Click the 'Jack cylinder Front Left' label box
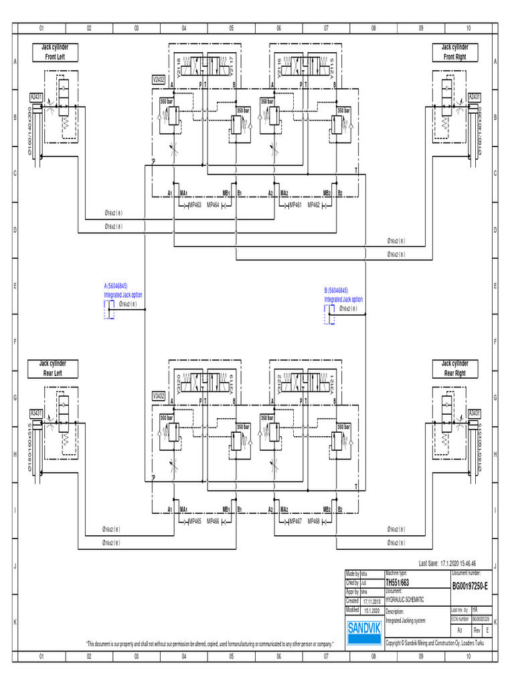56,52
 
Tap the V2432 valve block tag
159,79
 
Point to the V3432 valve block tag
159,395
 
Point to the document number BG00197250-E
470,586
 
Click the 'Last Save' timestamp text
446,564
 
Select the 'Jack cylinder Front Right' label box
455,52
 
